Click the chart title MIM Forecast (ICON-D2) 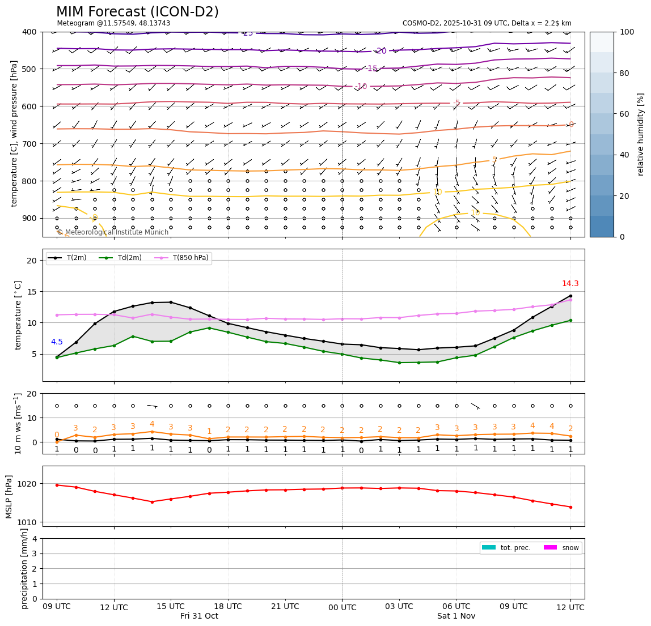tap(137, 12)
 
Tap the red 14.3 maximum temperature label tap(570, 284)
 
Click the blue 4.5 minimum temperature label tap(57, 342)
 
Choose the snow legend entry tap(570, 548)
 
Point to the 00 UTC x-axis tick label tap(342, 607)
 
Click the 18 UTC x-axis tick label tap(228, 606)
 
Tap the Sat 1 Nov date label tap(456, 616)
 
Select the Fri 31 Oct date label tap(199, 616)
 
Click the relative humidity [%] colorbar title tap(641, 134)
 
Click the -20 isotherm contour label tap(381, 51)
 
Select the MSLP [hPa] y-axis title tap(9, 496)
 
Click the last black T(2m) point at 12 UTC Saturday tap(570, 296)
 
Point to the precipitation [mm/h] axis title tap(24, 568)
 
